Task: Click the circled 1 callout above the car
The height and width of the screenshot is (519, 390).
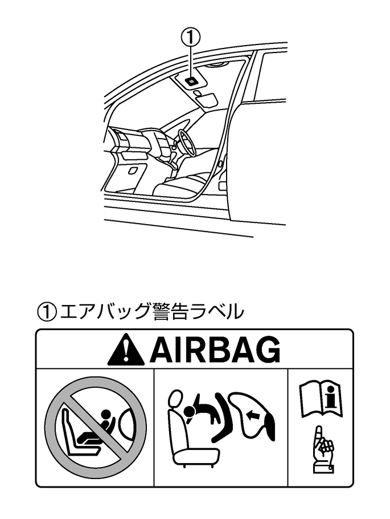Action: click(x=191, y=38)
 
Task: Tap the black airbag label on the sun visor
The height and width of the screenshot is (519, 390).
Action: click(x=192, y=80)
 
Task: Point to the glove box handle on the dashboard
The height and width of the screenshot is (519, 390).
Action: click(x=132, y=170)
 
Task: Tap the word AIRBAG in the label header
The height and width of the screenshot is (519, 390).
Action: click(x=215, y=349)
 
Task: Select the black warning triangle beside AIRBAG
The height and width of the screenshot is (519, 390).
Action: click(x=126, y=350)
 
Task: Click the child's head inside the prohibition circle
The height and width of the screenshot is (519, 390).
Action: click(x=105, y=414)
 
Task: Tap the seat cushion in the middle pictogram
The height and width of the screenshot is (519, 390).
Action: click(x=196, y=455)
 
